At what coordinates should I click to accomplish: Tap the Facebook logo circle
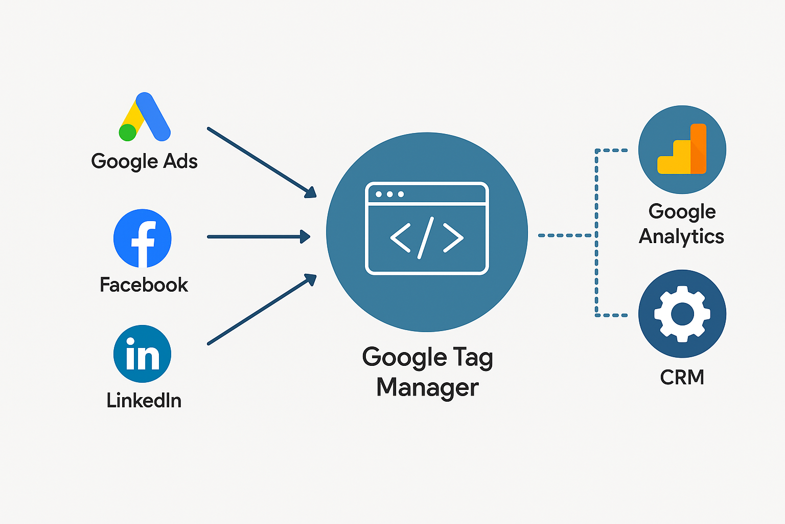[x=143, y=238]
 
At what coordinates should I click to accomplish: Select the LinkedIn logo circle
[x=143, y=354]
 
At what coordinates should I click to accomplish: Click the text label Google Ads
[x=144, y=161]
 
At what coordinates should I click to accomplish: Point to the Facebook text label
[x=144, y=285]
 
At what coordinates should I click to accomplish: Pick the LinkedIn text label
[x=144, y=400]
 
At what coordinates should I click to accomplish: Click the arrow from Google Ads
[x=261, y=162]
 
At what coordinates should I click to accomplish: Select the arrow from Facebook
[x=258, y=236]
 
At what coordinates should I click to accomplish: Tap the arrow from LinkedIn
[x=261, y=310]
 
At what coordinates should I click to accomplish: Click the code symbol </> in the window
[x=427, y=237]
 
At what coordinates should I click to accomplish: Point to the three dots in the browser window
[x=389, y=194]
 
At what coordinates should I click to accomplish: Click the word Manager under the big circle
[x=427, y=387]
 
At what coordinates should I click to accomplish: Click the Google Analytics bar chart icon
[x=682, y=149]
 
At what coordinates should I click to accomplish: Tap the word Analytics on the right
[x=681, y=236]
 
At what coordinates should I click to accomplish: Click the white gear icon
[x=682, y=314]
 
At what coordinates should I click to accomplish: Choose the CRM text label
[x=682, y=377]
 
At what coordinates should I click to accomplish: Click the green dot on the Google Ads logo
[x=127, y=133]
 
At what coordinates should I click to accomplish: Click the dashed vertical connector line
[x=596, y=233]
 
